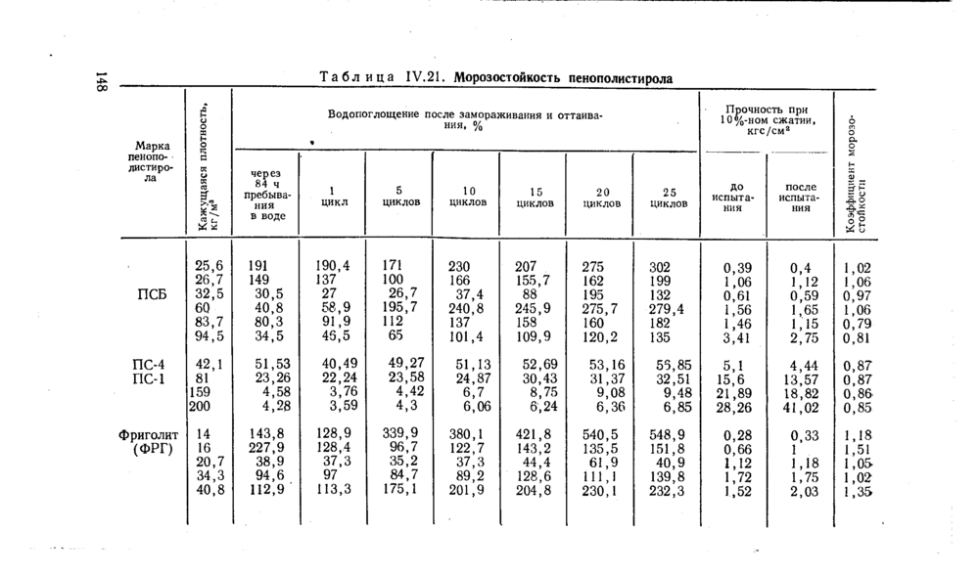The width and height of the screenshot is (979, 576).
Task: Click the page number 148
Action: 100,83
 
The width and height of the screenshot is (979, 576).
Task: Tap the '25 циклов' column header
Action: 667,196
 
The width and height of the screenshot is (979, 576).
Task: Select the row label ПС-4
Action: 147,364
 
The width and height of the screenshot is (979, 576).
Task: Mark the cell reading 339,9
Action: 399,433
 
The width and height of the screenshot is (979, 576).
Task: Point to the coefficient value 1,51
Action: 857,448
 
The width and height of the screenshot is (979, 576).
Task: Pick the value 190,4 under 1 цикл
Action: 333,266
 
